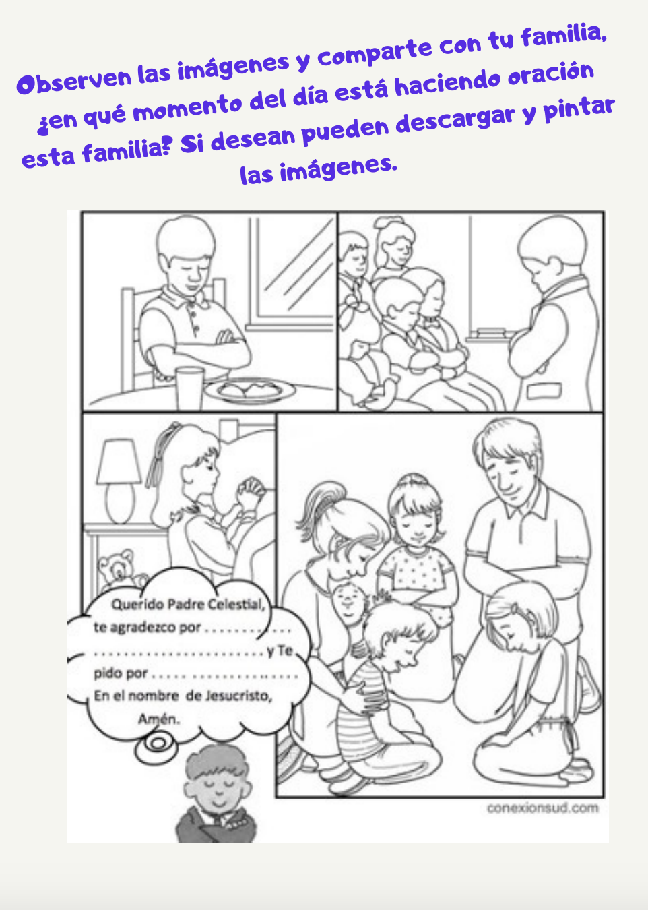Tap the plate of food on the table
[x=250, y=390]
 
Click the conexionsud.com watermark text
[x=542, y=808]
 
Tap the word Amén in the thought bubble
[x=159, y=719]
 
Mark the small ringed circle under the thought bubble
[x=157, y=744]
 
